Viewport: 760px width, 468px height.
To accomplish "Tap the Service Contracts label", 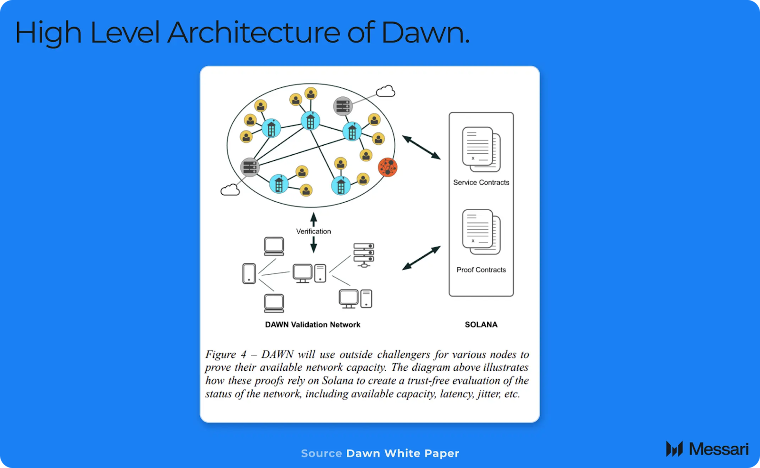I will coord(481,182).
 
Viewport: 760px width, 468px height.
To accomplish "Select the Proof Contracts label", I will coord(481,270).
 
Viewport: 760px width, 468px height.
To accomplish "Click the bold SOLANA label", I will coord(481,325).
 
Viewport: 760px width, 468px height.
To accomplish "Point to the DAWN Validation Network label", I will coord(313,325).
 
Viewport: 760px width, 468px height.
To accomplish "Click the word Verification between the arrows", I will coord(313,231).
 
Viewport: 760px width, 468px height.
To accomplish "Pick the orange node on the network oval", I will coord(388,167).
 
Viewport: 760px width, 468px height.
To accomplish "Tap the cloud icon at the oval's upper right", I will coord(386,91).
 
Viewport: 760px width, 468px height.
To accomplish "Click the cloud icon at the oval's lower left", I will coord(230,190).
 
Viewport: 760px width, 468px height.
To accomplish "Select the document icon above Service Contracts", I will coord(481,149).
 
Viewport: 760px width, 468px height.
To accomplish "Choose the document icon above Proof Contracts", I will coord(481,232).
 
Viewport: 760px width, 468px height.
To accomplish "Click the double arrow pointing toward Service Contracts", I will coord(421,147).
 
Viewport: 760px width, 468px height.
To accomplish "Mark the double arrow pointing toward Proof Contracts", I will coord(421,258).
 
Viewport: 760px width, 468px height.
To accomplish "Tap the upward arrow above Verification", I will coord(313,219).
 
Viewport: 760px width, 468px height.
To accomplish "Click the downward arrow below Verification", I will coord(313,244).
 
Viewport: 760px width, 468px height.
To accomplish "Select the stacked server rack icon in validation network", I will coord(364,254).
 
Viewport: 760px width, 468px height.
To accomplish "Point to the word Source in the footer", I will coord(321,453).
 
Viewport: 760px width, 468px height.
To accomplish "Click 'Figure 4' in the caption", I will coord(226,355).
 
